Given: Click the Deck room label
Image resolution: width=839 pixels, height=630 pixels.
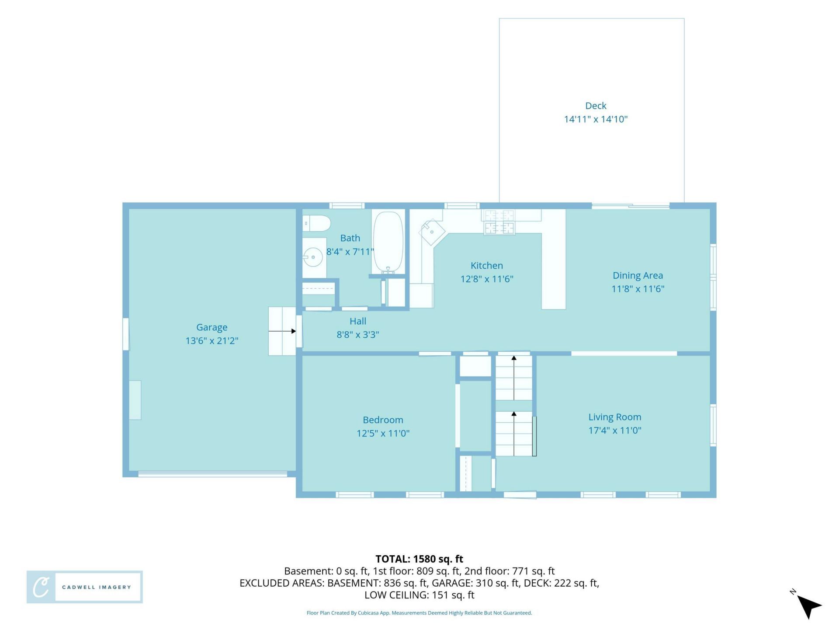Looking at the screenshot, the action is (596, 106).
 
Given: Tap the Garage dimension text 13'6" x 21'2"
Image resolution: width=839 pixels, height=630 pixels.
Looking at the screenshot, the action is (212, 341).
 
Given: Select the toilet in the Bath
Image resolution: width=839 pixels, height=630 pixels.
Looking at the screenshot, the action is (316, 223).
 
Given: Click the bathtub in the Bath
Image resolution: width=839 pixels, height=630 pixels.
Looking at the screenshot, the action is (388, 243).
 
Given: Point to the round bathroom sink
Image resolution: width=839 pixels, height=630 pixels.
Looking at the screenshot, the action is (313, 257).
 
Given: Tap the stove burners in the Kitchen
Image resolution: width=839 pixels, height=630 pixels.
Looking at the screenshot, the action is (499, 222).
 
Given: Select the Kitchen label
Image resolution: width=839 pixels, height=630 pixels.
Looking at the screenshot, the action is (487, 266).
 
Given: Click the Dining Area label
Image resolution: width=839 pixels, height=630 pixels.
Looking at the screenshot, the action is (638, 276).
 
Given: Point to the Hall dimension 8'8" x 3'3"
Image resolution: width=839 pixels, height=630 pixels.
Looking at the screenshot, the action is (357, 335).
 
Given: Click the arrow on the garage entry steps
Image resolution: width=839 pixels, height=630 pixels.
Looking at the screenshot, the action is (282, 331).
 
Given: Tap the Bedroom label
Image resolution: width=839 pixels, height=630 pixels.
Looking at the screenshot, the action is (383, 420).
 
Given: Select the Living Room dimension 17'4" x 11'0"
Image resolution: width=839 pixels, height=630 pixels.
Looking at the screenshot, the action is (614, 430).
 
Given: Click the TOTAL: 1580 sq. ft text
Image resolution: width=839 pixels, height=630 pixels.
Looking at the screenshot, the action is (419, 559).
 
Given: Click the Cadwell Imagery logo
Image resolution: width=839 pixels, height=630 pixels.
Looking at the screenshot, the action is (85, 587).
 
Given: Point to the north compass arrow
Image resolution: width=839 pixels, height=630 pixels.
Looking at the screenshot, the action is (809, 606).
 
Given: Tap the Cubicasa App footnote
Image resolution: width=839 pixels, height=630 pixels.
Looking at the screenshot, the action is (419, 613).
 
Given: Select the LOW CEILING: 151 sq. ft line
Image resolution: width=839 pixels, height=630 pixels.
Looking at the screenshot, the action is (419, 595).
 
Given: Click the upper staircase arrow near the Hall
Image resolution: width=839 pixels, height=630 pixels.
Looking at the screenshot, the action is (514, 378).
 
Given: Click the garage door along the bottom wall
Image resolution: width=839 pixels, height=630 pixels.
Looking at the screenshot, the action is (213, 474).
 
